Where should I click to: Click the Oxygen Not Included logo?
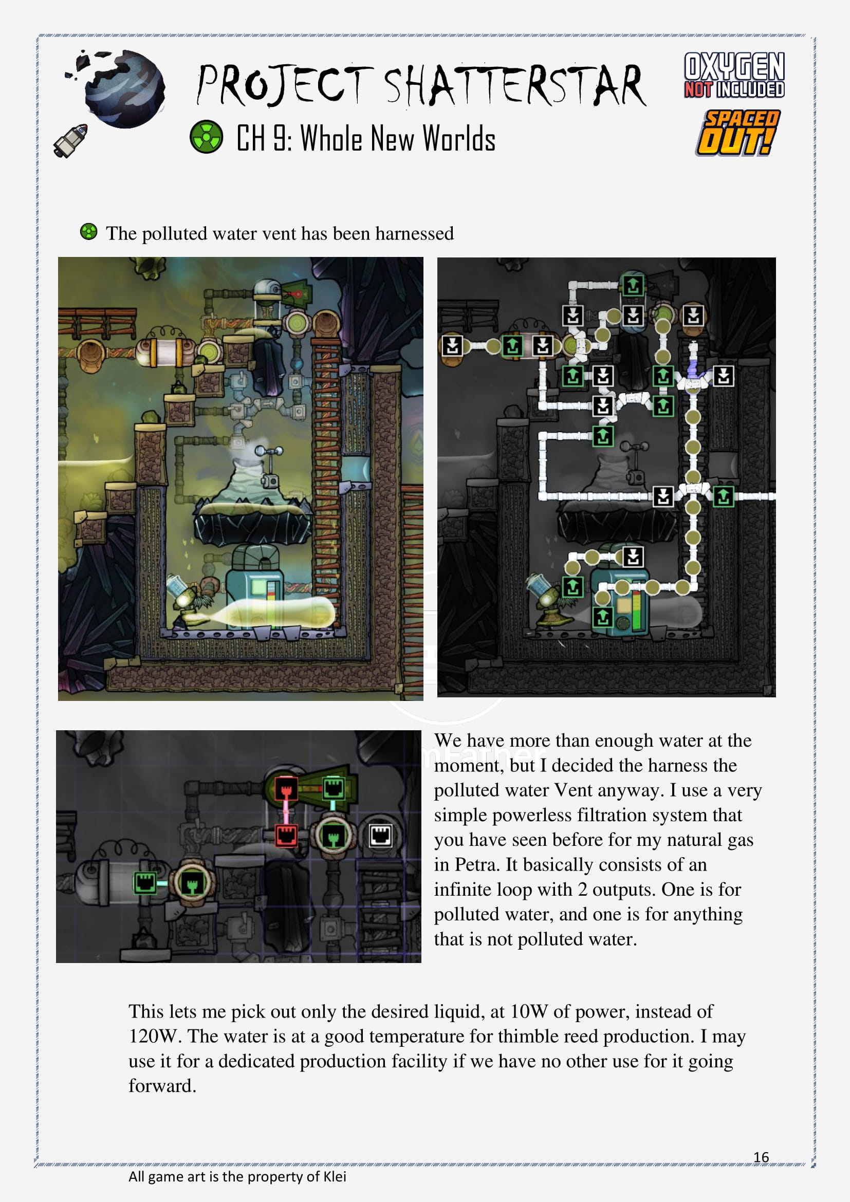point(734,75)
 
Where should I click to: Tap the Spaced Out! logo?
point(737,133)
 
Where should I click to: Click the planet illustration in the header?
point(124,88)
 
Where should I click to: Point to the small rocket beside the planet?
point(70,140)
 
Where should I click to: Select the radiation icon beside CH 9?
point(206,137)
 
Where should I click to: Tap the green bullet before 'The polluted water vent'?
point(89,231)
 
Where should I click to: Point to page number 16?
point(761,1156)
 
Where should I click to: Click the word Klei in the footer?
point(335,1176)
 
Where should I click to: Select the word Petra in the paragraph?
point(476,864)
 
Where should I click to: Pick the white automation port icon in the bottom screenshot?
point(380,835)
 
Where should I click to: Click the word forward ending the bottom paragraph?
point(162,1086)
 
